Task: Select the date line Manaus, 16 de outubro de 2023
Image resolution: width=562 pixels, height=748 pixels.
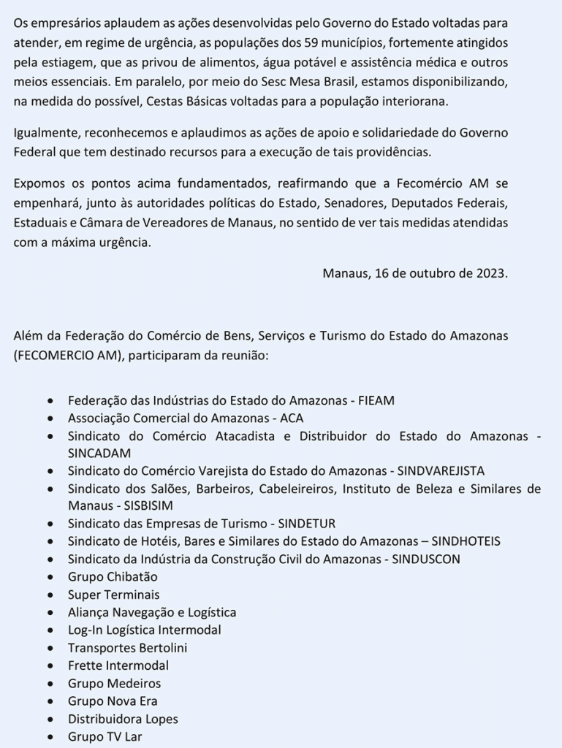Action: pyautogui.click(x=414, y=273)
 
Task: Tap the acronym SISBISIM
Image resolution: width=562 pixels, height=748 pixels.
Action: pyautogui.click(x=142, y=505)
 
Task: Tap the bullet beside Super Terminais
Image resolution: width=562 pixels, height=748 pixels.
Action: pyautogui.click(x=50, y=595)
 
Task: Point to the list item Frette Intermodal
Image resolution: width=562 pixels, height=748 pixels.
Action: pyautogui.click(x=118, y=665)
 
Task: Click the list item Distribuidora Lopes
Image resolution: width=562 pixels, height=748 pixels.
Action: pyautogui.click(x=123, y=719)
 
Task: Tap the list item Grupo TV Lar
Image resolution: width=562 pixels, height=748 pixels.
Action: pyautogui.click(x=105, y=736)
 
